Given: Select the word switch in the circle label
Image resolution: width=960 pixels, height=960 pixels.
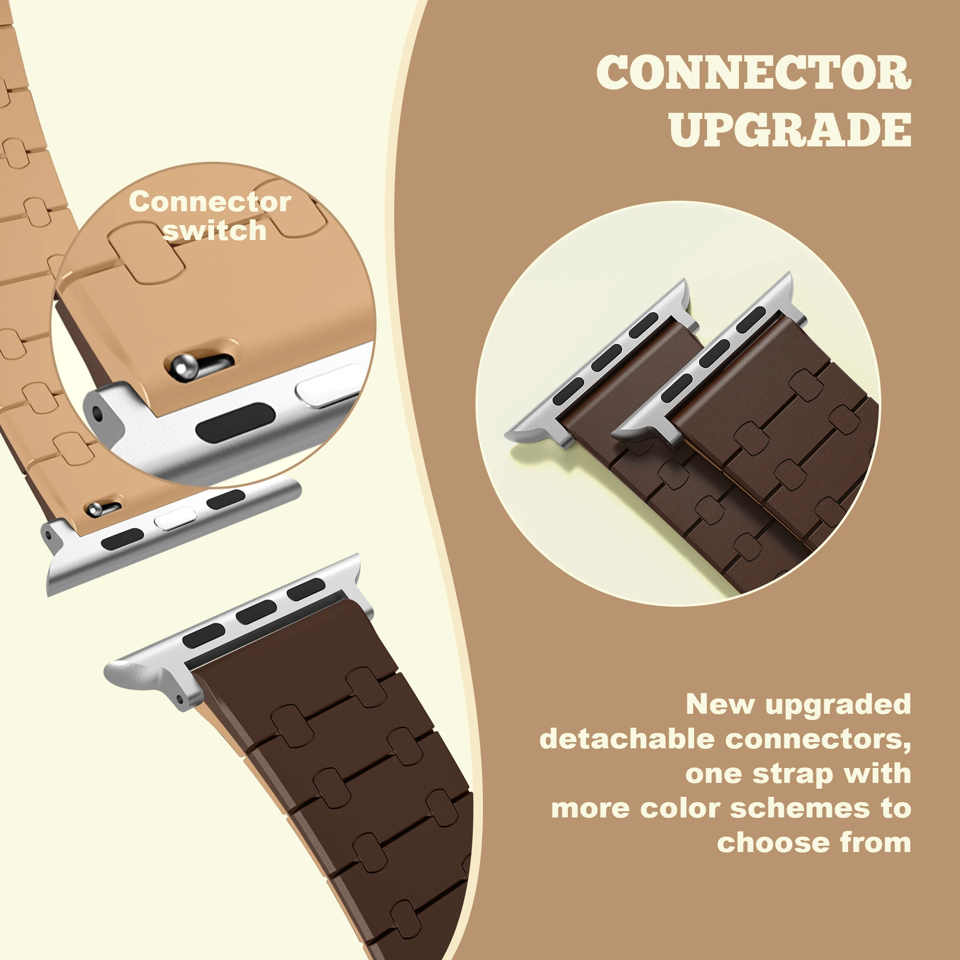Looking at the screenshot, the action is click(215, 230).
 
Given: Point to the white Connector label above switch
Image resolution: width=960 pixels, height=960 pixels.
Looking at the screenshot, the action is click(210, 202).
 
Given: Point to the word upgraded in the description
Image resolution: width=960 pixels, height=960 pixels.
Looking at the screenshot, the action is click(838, 705).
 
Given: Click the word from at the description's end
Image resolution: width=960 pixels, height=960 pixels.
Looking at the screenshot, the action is click(876, 843).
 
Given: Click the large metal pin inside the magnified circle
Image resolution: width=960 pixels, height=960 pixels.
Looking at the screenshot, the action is click(184, 365).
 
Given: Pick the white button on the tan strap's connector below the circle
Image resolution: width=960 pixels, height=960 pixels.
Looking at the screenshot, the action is click(174, 518).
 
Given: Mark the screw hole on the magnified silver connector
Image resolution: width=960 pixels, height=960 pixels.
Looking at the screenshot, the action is click(98, 412).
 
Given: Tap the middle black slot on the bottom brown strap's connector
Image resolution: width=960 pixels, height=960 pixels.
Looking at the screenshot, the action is click(256, 612).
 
